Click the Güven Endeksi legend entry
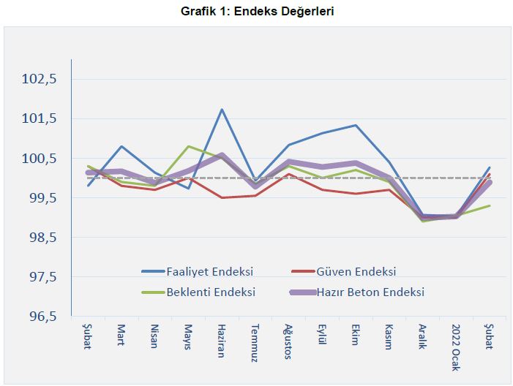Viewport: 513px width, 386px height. click(x=356, y=271)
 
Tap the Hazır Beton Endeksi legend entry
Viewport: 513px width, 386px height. click(x=370, y=292)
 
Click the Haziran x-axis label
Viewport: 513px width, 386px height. click(x=222, y=341)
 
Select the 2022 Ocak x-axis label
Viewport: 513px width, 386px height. click(x=455, y=347)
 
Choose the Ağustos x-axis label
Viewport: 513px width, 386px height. click(x=288, y=341)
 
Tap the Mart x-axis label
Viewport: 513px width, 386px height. click(x=121, y=336)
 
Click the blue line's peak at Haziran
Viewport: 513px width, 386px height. click(x=222, y=110)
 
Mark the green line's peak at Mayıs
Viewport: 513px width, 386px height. click(x=188, y=146)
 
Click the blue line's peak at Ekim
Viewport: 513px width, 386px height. click(x=356, y=125)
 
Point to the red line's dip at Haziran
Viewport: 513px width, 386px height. click(x=222, y=197)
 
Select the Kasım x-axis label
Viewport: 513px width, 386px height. click(x=389, y=338)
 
